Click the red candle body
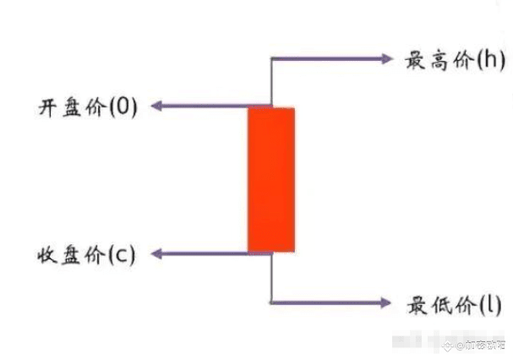tap(271, 179)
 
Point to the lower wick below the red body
tap(271, 277)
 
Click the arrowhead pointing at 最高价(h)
tap(388, 58)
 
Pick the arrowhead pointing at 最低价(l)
tap(388, 302)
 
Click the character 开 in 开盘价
tap(46, 107)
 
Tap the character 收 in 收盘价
tap(46, 254)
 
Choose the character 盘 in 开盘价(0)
tap(69, 107)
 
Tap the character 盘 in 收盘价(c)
tap(69, 254)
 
